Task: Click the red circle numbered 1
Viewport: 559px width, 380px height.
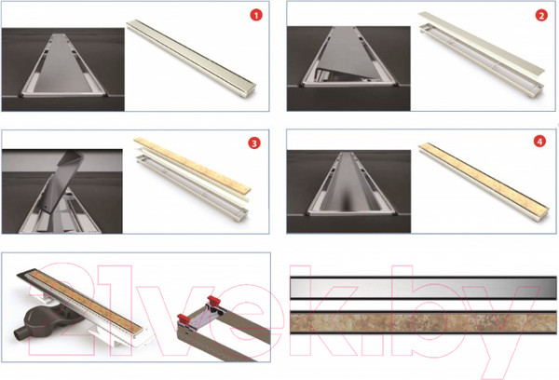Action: pyautogui.click(x=256, y=15)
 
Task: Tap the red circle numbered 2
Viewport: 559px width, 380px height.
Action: pyautogui.click(x=541, y=15)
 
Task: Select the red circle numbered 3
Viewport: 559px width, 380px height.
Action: pyautogui.click(x=254, y=142)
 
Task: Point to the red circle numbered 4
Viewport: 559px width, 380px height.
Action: pyautogui.click(x=539, y=142)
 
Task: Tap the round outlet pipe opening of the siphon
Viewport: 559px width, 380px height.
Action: pyautogui.click(x=17, y=334)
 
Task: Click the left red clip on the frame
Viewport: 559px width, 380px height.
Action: pyautogui.click(x=184, y=319)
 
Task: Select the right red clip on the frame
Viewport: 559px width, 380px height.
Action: pyautogui.click(x=214, y=300)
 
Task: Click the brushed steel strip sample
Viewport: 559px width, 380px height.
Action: pyautogui.click(x=423, y=288)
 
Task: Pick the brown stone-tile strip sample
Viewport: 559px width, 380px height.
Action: pyautogui.click(x=423, y=322)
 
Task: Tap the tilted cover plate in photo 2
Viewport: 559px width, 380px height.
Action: pyautogui.click(x=349, y=53)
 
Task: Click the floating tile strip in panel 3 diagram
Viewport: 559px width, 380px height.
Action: pyautogui.click(x=193, y=165)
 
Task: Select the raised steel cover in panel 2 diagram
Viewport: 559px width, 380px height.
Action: pyautogui.click(x=482, y=42)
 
